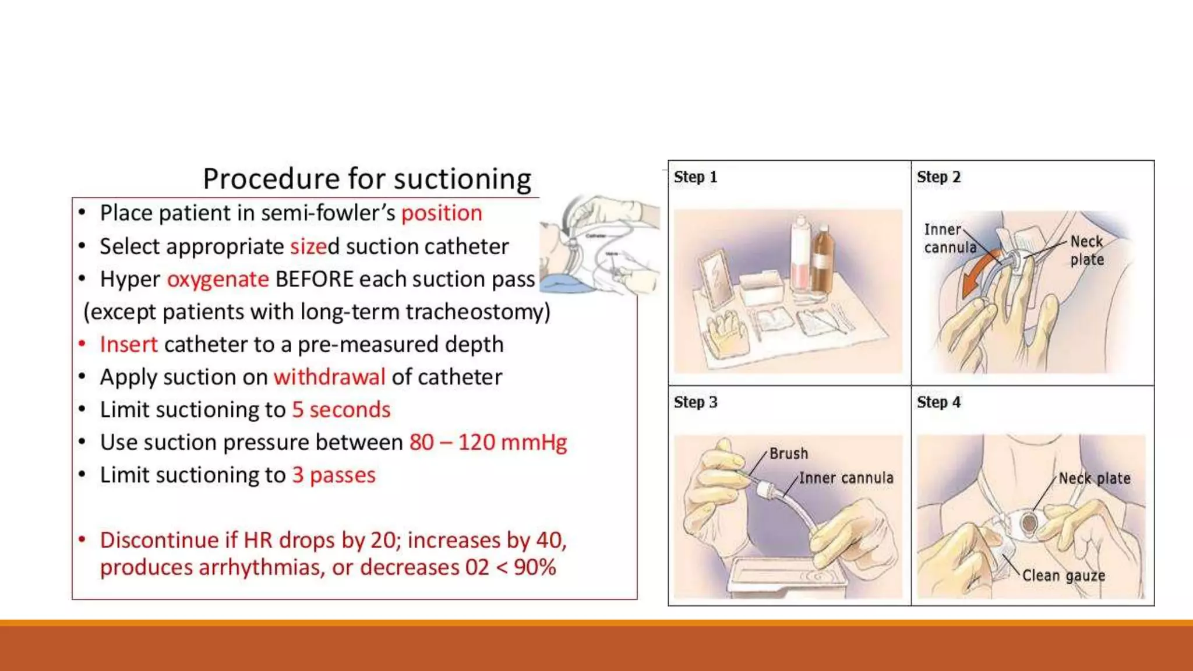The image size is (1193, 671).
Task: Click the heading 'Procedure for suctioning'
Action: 367,179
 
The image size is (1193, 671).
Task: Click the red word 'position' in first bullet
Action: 442,213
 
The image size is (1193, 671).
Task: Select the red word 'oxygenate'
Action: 218,280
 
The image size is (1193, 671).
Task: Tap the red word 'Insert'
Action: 129,345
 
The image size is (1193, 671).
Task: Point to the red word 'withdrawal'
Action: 329,377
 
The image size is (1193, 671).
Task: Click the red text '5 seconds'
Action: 341,410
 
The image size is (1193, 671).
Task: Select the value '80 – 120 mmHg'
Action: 488,443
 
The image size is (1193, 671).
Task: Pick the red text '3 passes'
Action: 334,475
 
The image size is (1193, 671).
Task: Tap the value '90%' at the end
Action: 534,568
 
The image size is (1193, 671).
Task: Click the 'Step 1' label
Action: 695,177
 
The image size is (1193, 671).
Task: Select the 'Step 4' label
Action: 938,402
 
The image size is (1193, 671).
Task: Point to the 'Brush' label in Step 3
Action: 788,454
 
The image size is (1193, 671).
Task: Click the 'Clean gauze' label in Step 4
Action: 1063,576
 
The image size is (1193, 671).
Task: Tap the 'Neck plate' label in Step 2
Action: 1086,250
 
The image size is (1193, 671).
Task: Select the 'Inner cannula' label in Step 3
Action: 846,478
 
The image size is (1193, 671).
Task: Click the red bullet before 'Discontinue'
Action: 82,540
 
